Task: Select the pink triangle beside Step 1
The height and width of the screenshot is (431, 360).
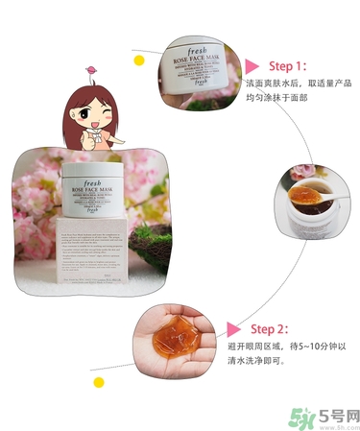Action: [x=252, y=66]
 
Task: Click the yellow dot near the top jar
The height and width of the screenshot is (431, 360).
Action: [x=139, y=60]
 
